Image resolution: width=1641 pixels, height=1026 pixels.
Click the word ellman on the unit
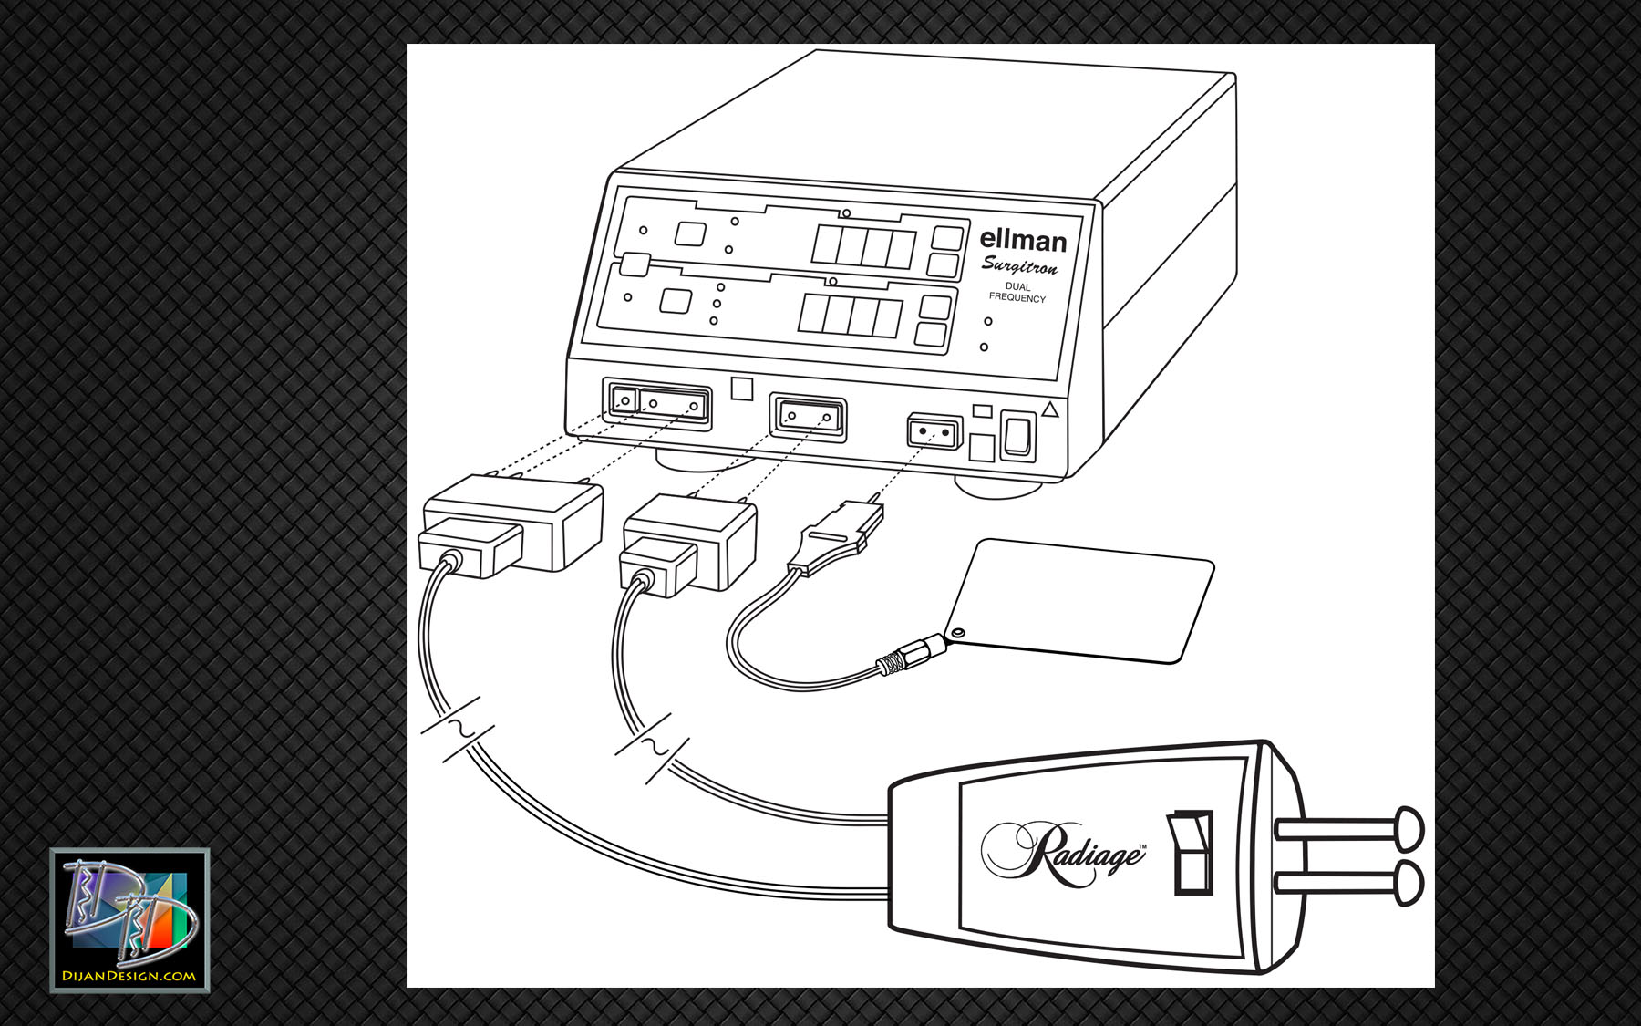1023,240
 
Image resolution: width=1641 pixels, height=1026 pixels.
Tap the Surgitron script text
1020,265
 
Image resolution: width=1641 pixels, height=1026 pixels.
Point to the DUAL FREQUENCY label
1017,292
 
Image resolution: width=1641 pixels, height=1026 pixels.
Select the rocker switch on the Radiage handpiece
1191,852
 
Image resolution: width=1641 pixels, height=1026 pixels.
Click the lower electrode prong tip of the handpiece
1409,883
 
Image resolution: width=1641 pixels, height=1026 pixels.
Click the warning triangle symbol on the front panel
1050,409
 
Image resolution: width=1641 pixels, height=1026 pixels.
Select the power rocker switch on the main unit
1017,435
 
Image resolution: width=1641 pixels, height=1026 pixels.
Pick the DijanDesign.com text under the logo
129,976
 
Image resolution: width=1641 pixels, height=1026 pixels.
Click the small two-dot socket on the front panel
935,430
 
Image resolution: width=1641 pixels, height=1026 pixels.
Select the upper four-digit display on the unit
862,245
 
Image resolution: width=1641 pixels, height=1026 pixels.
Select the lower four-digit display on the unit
850,315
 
